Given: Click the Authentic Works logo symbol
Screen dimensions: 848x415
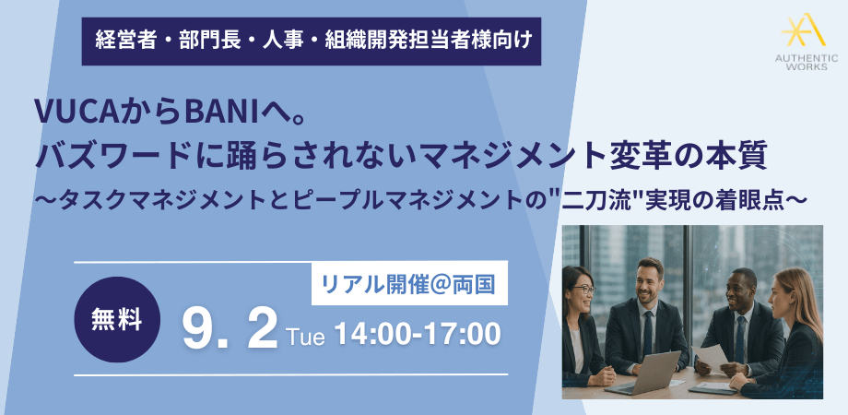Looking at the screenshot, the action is [804, 30].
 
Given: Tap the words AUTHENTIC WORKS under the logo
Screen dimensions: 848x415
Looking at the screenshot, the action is [806, 62].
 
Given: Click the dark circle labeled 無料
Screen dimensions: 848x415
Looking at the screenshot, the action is [117, 320].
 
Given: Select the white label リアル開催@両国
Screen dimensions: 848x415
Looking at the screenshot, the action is [409, 283].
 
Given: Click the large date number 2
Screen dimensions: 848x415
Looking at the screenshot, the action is [263, 329].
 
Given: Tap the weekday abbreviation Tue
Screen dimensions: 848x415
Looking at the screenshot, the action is [306, 337].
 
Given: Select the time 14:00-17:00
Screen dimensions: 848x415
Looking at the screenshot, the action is [417, 335].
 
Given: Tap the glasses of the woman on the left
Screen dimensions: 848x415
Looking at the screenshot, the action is [582, 290].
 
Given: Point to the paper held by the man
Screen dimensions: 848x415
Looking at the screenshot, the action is [711, 358].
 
